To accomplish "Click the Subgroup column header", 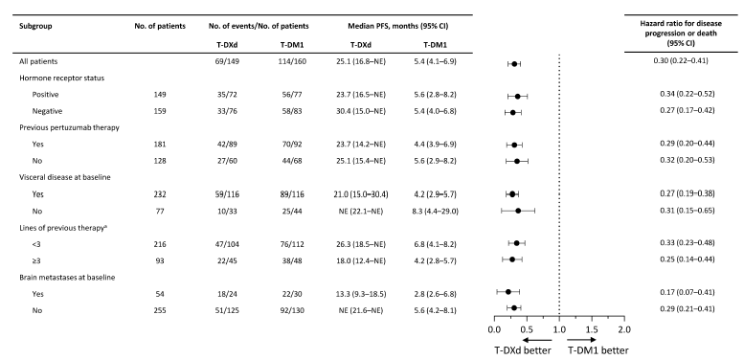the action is (35, 27).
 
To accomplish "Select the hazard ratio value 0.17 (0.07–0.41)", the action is (688, 292).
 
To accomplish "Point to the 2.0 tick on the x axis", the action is (624, 329).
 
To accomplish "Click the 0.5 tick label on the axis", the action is (527, 329).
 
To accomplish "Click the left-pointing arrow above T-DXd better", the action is (537, 340).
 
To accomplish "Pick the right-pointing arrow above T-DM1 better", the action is (582, 340).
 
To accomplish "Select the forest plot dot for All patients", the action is (514, 63).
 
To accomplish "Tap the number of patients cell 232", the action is (160, 194).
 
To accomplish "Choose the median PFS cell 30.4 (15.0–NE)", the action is (360, 111).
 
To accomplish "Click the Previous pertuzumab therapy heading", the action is (69, 127).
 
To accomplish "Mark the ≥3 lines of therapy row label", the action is (37, 259).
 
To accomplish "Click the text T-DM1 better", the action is (598, 350).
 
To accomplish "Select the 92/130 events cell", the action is (291, 308).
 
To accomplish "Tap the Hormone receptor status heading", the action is (61, 78).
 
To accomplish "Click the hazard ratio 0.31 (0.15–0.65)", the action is (688, 211).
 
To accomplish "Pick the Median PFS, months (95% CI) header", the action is (398, 27).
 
